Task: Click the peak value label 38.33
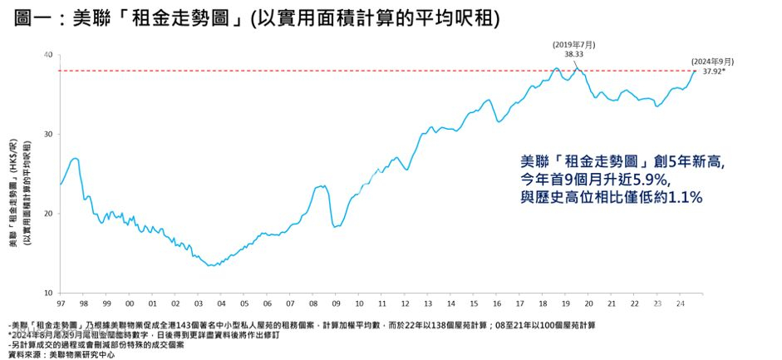(x=573, y=54)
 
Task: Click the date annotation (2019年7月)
(x=573, y=44)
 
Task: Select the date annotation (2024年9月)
(x=712, y=61)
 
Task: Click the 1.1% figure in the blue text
(x=686, y=198)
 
